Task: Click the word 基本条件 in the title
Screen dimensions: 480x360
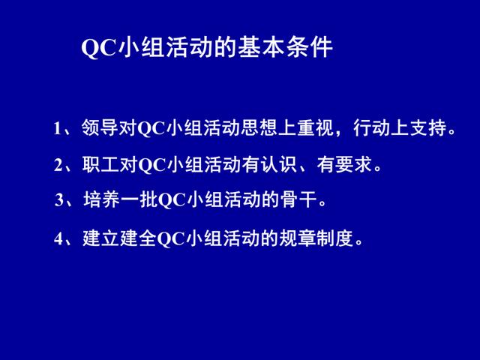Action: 285,47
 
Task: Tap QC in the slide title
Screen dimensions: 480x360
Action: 99,48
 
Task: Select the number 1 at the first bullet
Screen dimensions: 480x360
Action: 57,128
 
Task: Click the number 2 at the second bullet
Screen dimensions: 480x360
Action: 58,165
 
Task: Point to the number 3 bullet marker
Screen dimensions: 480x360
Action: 59,200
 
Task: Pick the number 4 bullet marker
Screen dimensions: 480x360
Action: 58,238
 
